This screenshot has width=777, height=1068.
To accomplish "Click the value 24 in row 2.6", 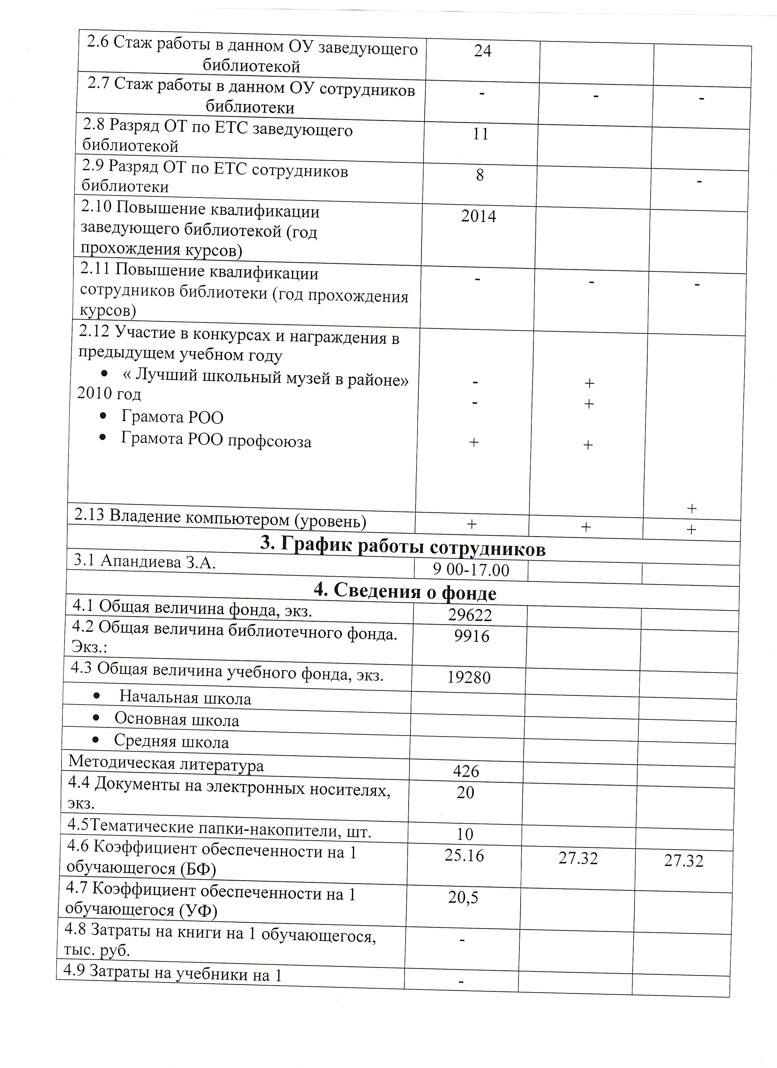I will (x=483, y=51).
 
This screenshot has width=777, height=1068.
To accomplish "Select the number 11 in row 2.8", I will (x=480, y=134).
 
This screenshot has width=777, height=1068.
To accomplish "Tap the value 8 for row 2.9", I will (x=480, y=175).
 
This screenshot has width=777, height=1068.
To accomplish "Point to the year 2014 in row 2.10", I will (x=478, y=216).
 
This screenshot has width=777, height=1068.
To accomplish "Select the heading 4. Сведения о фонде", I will (x=405, y=592).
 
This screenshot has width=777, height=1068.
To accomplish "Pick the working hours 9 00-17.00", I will (x=471, y=570).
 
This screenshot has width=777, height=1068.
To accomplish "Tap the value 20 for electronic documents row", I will (x=465, y=792).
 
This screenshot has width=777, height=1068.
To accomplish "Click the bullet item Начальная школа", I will (x=185, y=698).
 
